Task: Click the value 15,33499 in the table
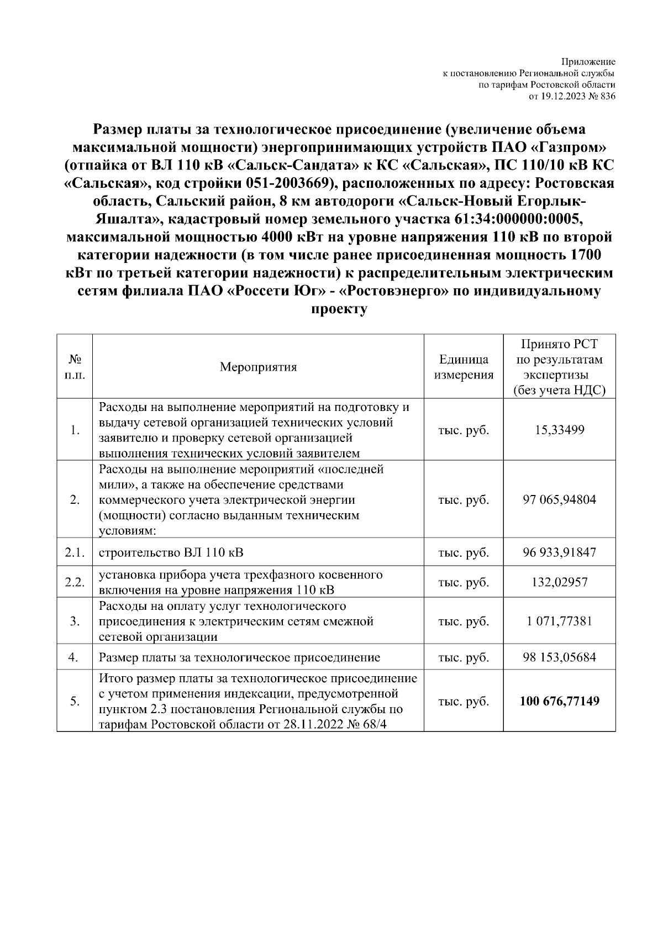pos(559,430)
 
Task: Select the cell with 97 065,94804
pos(559,500)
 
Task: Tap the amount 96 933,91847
pos(559,552)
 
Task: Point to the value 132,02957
pos(559,582)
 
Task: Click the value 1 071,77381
pos(559,621)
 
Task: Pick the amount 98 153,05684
pos(559,657)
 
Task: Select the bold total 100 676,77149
pos(559,702)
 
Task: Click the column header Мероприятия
pos(258,367)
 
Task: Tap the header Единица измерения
pos(464,367)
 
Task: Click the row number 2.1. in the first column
pos(75,552)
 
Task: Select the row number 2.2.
pos(75,582)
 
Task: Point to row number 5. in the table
pos(75,702)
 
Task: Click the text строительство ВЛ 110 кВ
pos(171,552)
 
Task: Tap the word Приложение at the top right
pos(588,61)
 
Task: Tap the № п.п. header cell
pos(75,366)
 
